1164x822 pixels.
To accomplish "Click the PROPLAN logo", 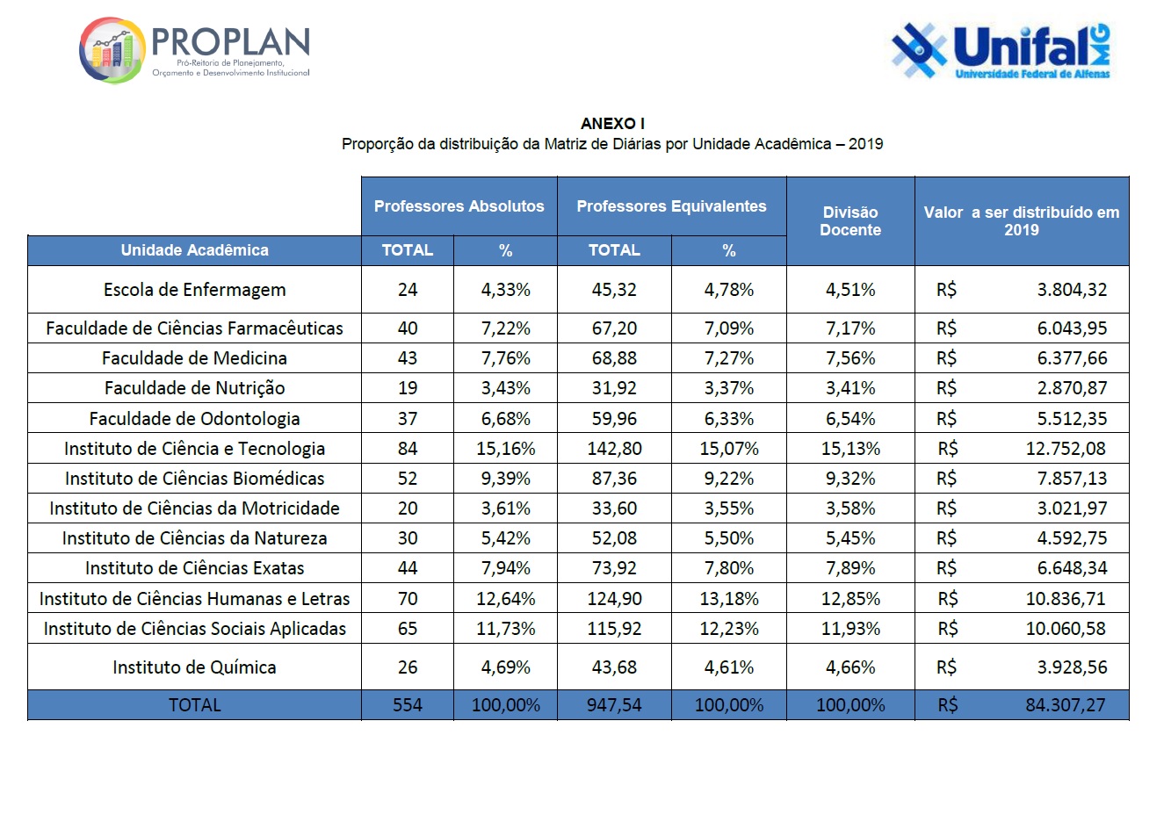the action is tap(194, 50).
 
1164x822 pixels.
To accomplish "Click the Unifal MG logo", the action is tap(1001, 50).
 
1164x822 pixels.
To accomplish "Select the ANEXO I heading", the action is tap(612, 124).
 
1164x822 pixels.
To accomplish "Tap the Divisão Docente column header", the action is tap(850, 220).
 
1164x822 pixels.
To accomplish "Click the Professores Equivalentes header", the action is tap(671, 206).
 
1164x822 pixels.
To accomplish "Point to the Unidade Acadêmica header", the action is tap(194, 250).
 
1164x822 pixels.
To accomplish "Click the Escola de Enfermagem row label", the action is tap(194, 290).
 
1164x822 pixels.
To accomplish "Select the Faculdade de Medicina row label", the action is tap(194, 358).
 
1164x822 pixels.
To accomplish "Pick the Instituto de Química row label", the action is tap(194, 667).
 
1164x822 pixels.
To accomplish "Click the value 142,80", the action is tap(614, 449).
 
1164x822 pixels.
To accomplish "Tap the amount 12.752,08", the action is tap(1066, 449).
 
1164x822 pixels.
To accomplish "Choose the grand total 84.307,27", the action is tap(1066, 705).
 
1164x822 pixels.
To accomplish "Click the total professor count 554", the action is tap(408, 705).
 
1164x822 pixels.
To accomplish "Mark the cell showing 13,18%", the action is tap(728, 599).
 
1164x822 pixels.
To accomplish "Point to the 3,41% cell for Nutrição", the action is tap(850, 388).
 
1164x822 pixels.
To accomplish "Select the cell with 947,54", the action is tap(614, 705).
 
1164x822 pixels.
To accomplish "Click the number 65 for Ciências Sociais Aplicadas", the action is tap(408, 629).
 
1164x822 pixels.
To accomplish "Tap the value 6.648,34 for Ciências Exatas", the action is tap(1072, 568).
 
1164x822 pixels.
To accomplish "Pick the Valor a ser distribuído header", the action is tap(1021, 220).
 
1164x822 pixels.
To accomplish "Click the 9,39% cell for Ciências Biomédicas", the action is tap(505, 479).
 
